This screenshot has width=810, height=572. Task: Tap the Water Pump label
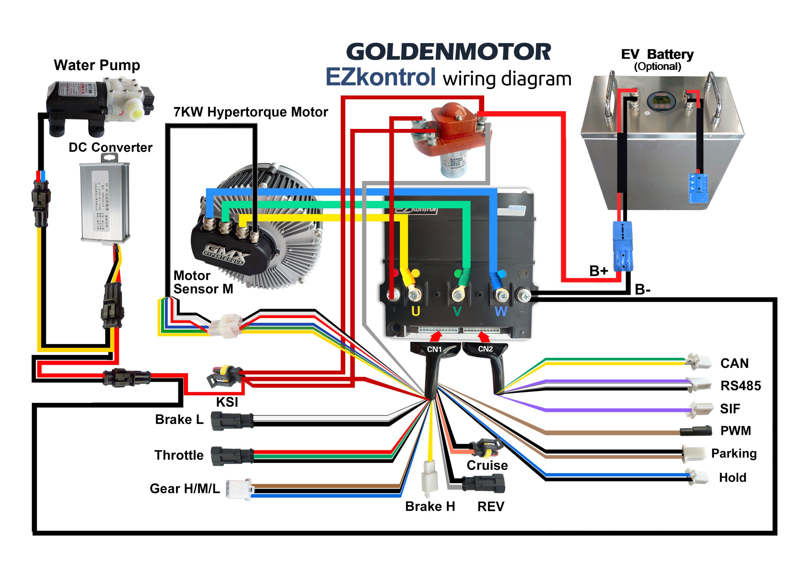point(97,65)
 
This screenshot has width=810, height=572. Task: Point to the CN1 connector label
point(434,349)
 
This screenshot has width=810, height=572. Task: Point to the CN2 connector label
point(485,349)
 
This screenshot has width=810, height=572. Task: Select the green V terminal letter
point(457,312)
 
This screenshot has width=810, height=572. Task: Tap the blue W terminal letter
point(501,312)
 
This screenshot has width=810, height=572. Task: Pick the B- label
point(642,290)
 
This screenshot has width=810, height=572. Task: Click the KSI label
point(227,402)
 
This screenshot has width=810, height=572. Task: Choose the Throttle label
point(179,455)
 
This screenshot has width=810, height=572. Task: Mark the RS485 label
point(740,386)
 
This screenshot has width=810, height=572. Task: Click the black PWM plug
point(695,431)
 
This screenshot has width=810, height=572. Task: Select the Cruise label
point(487,465)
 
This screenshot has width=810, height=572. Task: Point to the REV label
point(490,507)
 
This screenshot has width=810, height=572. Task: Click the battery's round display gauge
point(657,101)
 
